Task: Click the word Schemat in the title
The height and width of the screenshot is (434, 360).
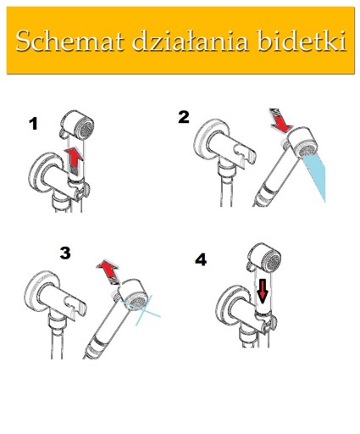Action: (70, 41)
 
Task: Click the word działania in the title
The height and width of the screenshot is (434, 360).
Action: (191, 41)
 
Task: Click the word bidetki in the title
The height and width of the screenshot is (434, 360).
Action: (302, 41)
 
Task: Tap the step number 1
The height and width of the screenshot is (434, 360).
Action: (34, 124)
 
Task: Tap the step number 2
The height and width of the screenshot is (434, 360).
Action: (184, 117)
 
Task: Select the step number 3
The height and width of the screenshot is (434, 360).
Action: (65, 253)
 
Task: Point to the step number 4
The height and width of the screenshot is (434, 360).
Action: (201, 259)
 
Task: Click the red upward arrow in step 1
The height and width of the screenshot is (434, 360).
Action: (74, 160)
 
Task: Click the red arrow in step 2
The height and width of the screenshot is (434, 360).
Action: (280, 120)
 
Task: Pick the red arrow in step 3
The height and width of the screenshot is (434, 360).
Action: (108, 271)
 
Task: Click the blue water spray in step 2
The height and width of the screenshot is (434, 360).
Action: (315, 177)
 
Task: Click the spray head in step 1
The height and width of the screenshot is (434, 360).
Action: (77, 125)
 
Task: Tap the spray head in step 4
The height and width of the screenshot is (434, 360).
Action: (264, 259)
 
